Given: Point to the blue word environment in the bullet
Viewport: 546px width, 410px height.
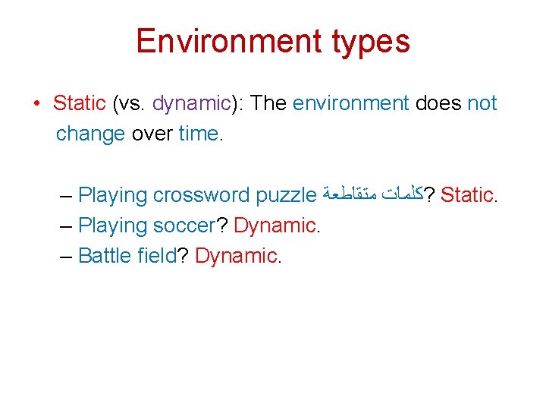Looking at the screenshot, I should (350, 103).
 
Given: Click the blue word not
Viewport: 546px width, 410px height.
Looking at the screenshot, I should (482, 103).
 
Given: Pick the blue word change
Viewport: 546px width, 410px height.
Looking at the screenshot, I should (90, 134).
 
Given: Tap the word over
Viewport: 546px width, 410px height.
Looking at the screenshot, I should (152, 134).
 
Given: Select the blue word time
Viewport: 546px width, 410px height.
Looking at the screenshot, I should (198, 134).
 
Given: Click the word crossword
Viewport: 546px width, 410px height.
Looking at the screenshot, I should (201, 195).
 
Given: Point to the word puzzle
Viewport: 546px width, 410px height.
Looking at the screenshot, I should (286, 196).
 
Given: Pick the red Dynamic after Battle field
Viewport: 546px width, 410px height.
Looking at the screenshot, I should (236, 256).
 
